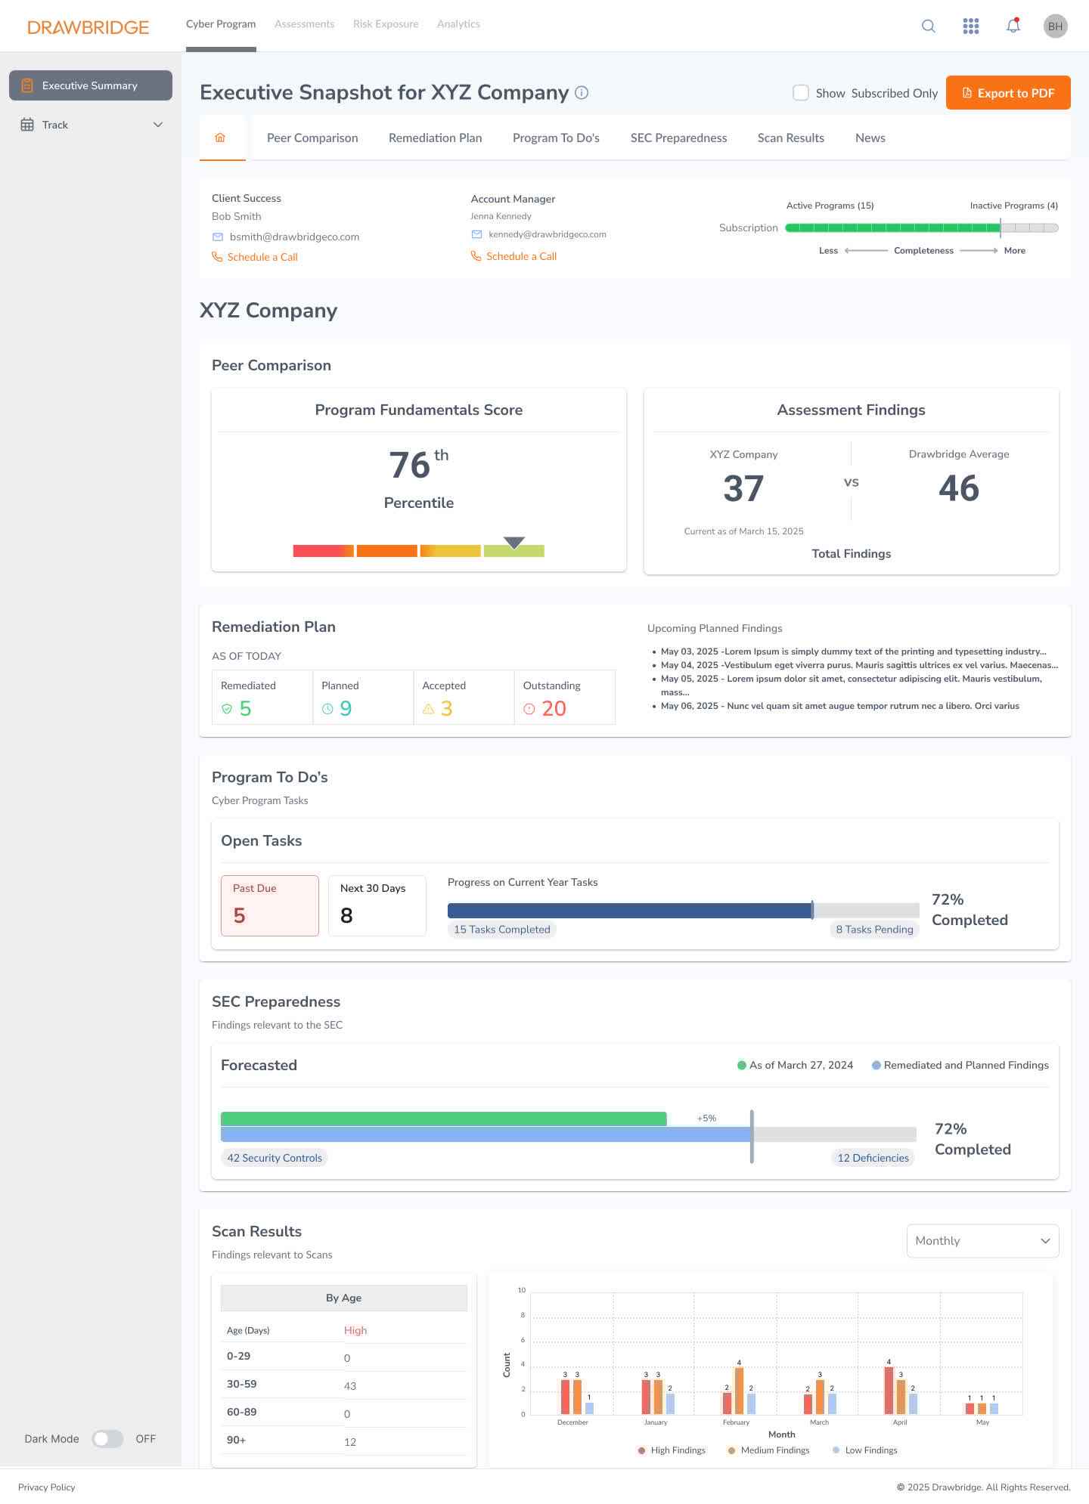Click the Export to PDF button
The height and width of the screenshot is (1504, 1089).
[1007, 93]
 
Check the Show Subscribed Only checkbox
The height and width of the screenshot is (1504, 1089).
[800, 93]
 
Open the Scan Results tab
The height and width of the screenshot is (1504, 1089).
[790, 138]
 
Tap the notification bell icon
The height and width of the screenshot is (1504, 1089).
[1013, 26]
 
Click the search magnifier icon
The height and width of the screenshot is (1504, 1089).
[928, 26]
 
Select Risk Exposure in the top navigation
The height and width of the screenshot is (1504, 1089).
[385, 24]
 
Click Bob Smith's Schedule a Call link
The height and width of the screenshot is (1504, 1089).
[262, 257]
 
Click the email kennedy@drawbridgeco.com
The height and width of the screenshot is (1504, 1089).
[547, 234]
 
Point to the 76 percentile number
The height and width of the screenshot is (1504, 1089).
[410, 465]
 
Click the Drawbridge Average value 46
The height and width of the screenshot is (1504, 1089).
[958, 488]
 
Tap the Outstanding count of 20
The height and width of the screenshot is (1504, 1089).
[554, 708]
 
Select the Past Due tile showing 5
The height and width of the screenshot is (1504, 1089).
[269, 905]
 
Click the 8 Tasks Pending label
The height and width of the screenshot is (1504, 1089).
[874, 930]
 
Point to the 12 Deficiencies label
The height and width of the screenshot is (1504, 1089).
[873, 1158]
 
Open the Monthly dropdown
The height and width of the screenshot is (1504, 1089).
[982, 1241]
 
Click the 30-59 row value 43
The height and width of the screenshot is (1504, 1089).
[350, 1386]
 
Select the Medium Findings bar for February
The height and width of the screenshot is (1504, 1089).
[739, 1391]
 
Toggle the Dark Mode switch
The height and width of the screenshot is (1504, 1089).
[107, 1439]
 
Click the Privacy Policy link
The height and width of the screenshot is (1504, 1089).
[47, 1487]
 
